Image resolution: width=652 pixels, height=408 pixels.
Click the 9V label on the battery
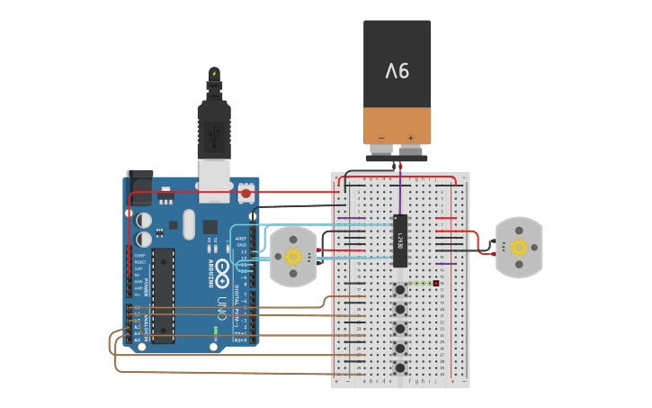(397, 70)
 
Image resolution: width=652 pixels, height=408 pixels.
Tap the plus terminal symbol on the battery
(411, 139)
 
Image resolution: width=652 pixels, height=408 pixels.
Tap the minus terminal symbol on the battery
(381, 139)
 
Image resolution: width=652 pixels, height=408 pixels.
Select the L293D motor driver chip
(400, 240)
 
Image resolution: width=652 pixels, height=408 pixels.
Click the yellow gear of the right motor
(519, 247)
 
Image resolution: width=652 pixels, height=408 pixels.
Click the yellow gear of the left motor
(293, 257)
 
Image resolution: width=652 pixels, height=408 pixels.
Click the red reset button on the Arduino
(246, 193)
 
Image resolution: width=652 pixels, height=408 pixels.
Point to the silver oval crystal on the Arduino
(189, 224)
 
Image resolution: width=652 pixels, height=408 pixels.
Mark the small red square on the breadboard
(436, 284)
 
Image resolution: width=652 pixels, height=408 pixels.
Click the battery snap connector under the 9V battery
(397, 159)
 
